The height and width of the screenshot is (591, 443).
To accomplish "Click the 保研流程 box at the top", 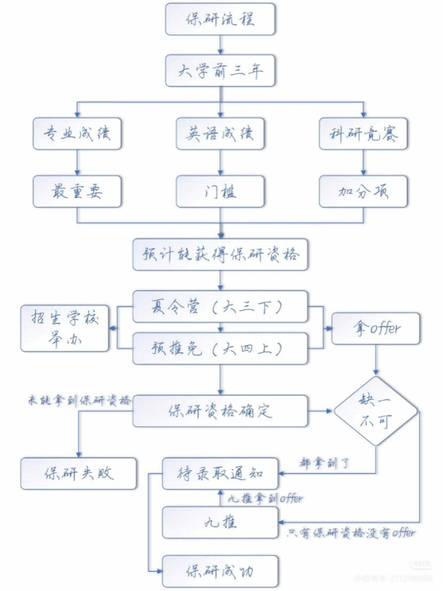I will [220, 19].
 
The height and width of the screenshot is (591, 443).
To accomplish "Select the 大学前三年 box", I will [220, 71].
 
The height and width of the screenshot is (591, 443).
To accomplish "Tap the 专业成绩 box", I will [77, 134].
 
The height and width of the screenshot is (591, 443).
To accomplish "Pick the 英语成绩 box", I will [220, 134].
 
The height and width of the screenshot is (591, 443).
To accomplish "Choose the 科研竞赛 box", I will [363, 134].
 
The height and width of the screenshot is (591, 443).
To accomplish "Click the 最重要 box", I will [77, 191].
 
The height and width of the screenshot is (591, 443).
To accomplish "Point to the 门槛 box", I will [220, 191].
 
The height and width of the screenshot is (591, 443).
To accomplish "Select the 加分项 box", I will [363, 191].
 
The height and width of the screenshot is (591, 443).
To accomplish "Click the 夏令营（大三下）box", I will [220, 307].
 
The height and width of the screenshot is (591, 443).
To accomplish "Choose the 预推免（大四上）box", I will [220, 348].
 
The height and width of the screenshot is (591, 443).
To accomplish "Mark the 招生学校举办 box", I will [65, 328].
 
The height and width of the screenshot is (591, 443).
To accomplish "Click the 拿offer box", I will [376, 328].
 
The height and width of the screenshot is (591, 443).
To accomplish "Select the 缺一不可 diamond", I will [376, 411].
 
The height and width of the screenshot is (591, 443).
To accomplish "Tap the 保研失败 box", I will [79, 473].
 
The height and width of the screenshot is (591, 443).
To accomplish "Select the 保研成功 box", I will [220, 571].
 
